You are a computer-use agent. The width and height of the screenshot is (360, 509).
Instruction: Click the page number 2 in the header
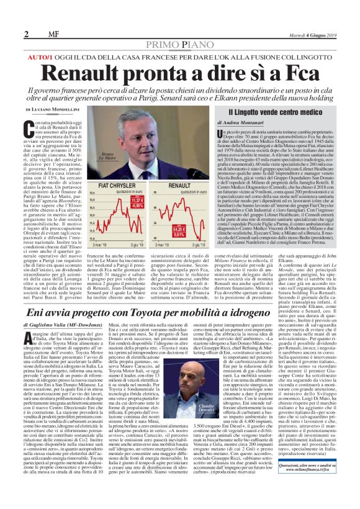tap(27, 34)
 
